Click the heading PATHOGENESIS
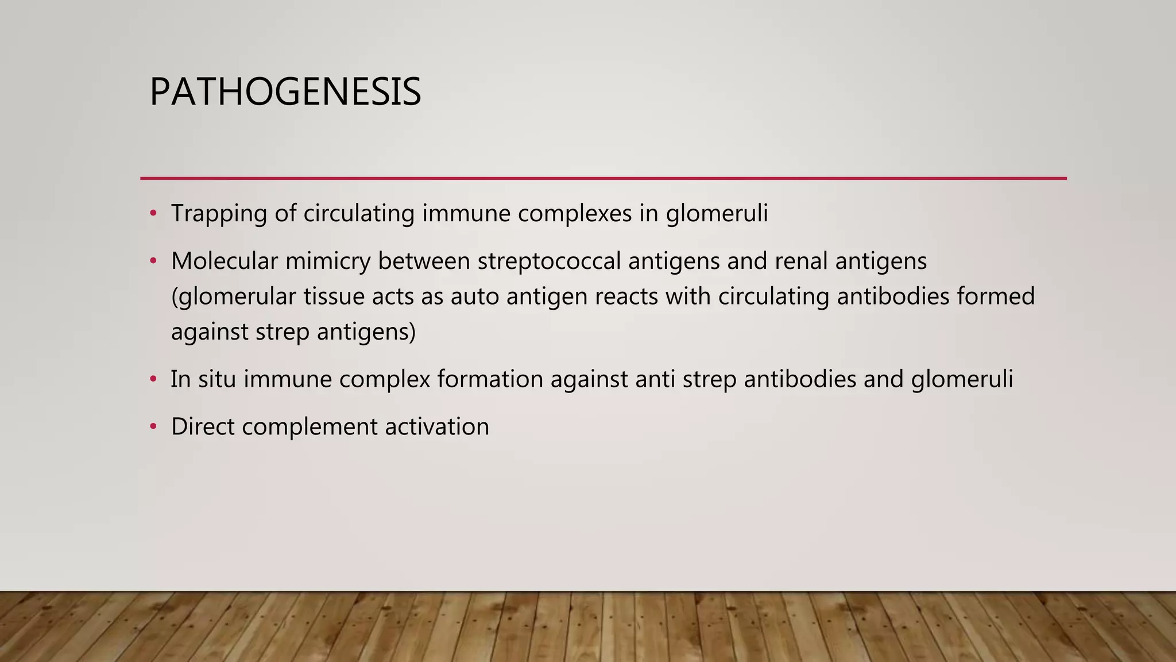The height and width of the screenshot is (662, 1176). coord(285,92)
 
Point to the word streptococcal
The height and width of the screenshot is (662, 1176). coord(549,261)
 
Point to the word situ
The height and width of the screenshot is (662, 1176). coord(217,380)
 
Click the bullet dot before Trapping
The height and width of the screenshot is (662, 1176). coord(153,214)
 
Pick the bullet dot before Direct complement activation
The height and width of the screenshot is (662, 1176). coord(153,427)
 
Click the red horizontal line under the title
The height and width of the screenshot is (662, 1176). coord(603,178)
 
